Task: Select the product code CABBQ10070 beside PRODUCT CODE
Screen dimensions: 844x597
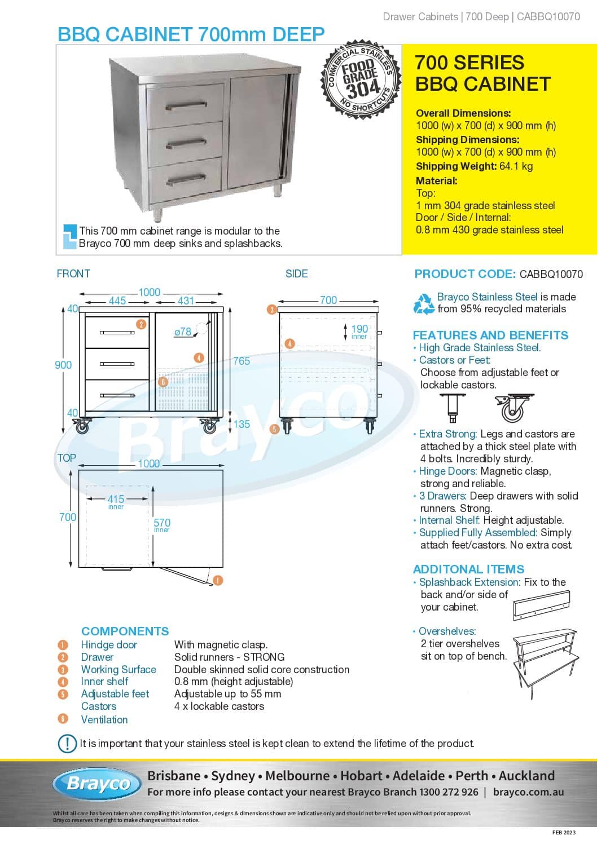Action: (x=551, y=275)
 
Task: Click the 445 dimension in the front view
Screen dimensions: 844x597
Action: (x=117, y=301)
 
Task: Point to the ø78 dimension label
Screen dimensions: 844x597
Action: (x=182, y=332)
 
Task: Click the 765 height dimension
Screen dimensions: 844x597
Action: (x=242, y=361)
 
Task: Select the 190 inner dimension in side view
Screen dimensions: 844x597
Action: (x=359, y=329)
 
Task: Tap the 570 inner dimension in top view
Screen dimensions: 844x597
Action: (x=162, y=523)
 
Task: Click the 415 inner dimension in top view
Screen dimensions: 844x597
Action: (x=116, y=499)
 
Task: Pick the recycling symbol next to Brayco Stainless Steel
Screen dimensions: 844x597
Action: (x=424, y=303)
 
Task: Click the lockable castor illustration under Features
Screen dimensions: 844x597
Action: (x=512, y=409)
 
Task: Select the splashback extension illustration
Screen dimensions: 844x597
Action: (x=542, y=606)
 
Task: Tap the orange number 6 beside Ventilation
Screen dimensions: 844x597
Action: (x=63, y=719)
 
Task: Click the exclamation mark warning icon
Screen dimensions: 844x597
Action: (x=67, y=743)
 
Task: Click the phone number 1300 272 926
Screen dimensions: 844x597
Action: (x=449, y=792)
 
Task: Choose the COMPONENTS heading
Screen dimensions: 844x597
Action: (x=125, y=631)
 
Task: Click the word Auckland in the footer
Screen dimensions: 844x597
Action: (x=526, y=776)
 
